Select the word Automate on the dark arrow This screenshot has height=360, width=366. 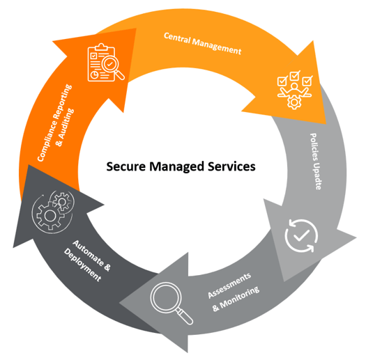pos(91,256)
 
